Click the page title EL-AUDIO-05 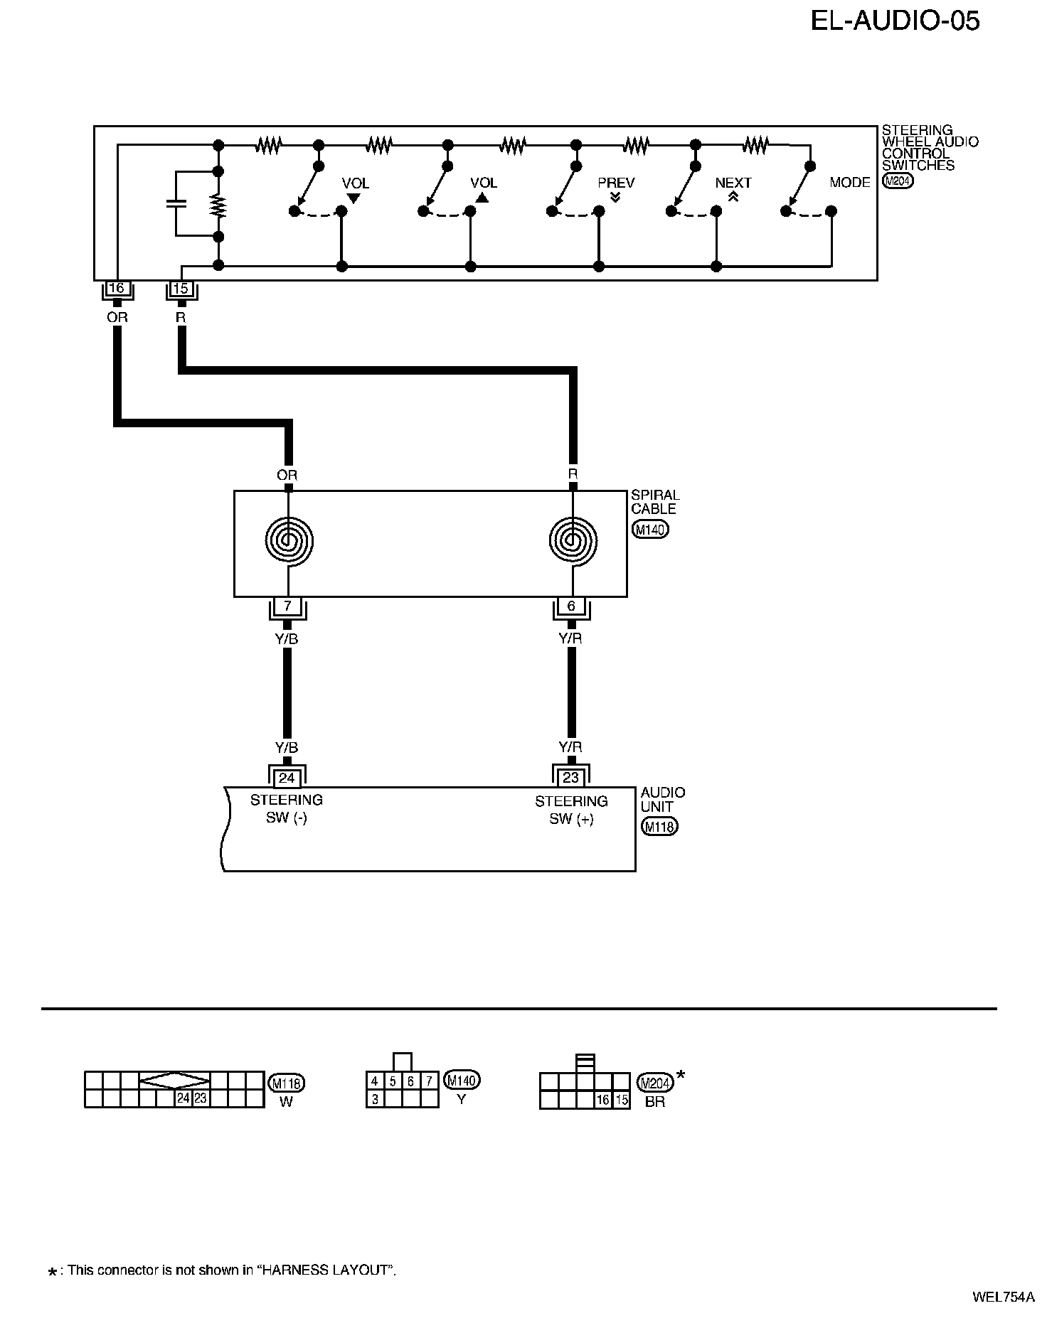(x=895, y=21)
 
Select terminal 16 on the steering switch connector (x=116, y=289)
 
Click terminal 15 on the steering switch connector (x=181, y=289)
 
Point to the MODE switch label (x=849, y=183)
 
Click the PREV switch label (x=615, y=183)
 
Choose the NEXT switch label (x=733, y=183)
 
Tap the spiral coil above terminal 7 (x=288, y=541)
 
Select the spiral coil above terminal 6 (x=573, y=541)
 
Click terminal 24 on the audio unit (x=287, y=778)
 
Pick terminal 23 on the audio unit (x=571, y=778)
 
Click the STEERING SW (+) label (x=571, y=810)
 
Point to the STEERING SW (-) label (x=287, y=809)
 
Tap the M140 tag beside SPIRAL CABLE (x=650, y=530)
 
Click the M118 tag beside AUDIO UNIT (x=659, y=827)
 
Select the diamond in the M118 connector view (x=174, y=1081)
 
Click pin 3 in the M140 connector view (x=374, y=1099)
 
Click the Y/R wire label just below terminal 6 (x=570, y=638)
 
